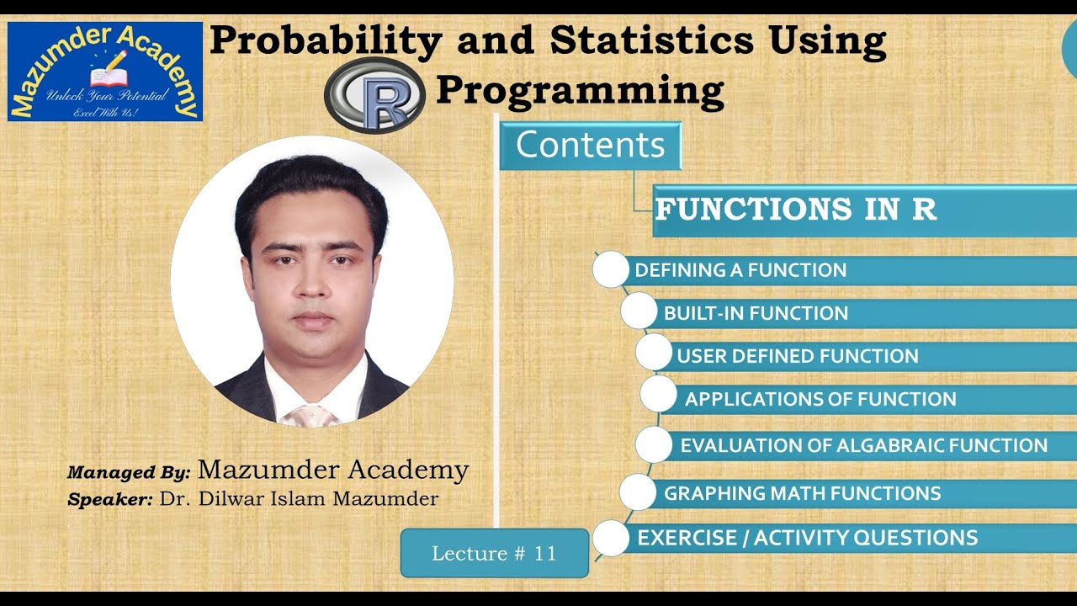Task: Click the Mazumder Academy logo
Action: [105, 72]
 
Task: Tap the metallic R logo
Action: [374, 95]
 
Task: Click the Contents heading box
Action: [590, 145]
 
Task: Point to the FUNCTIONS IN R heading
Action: [795, 210]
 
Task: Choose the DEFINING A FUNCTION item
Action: [740, 270]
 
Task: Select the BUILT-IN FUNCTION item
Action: [756, 313]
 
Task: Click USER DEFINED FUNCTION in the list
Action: [797, 356]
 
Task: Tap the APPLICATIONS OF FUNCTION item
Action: [820, 399]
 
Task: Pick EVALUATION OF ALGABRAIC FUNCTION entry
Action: [864, 445]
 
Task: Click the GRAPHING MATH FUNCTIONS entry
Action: [802, 493]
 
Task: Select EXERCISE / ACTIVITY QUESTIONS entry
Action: [808, 538]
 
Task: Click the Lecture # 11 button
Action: [494, 553]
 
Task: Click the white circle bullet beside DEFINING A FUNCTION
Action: [610, 270]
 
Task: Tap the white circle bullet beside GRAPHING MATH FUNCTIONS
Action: [637, 492]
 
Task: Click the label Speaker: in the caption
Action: [109, 499]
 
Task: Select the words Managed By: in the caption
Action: [130, 471]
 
